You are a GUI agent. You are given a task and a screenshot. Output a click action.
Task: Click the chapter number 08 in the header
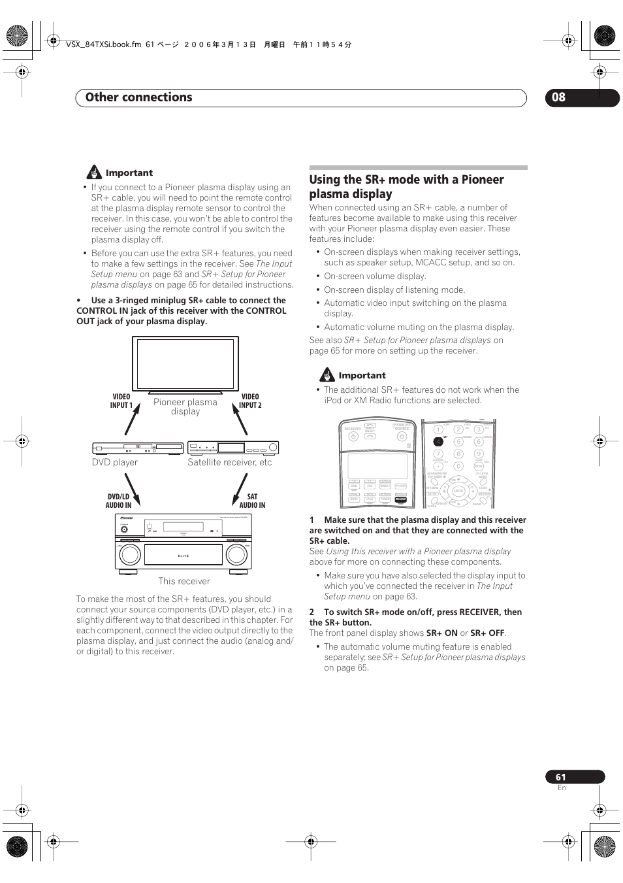[559, 97]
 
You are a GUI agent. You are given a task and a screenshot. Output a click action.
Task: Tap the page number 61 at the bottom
[561, 777]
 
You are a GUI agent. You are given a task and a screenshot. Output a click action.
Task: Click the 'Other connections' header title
[138, 97]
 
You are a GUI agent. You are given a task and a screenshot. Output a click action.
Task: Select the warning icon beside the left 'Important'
[95, 173]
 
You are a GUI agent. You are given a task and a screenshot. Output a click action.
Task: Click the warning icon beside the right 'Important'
[327, 375]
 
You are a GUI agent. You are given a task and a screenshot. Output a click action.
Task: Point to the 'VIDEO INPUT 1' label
[121, 401]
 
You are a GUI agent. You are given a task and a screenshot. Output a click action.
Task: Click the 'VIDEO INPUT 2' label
[250, 401]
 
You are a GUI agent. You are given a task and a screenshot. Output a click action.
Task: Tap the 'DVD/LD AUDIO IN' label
[119, 501]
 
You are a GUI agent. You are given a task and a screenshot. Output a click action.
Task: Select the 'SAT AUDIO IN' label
[252, 501]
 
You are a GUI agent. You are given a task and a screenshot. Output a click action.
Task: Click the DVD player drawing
[138, 448]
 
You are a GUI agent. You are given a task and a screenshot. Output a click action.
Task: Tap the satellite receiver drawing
[233, 448]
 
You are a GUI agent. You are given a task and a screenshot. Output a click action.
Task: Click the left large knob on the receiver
[130, 554]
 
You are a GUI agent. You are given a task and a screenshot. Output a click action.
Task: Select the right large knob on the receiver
[237, 554]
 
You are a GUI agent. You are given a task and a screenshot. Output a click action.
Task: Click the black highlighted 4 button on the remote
[438, 442]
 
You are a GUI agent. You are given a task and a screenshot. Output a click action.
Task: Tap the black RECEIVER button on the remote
[401, 499]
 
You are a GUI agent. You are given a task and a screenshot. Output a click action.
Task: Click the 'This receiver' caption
[184, 581]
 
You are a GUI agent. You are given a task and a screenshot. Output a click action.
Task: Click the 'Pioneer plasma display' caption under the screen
[185, 407]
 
